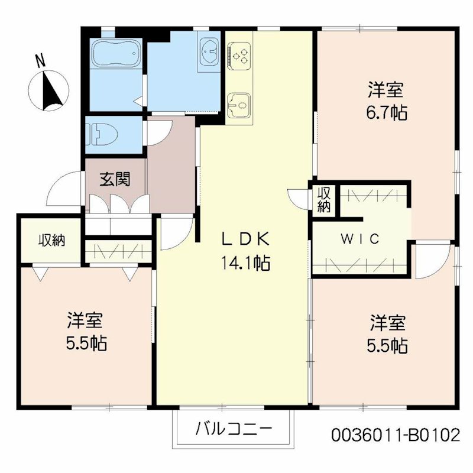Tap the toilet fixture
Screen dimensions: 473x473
[96, 134]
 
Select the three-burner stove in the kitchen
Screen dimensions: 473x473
[239, 55]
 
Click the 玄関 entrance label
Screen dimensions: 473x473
[115, 179]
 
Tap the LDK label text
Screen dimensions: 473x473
[245, 239]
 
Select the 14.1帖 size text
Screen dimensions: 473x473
[245, 263]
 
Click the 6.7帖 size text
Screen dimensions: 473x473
[387, 112]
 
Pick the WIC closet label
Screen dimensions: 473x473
[360, 239]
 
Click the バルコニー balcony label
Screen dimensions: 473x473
[234, 428]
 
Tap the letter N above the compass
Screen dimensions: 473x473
[40, 60]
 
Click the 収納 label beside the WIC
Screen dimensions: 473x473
[323, 200]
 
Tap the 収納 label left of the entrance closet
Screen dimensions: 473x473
[51, 241]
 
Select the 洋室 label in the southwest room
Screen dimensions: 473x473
[85, 320]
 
